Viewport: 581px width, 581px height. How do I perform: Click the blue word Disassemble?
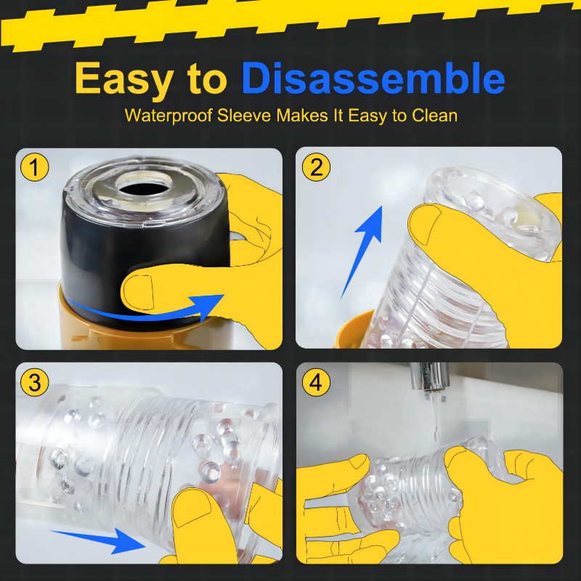(373, 78)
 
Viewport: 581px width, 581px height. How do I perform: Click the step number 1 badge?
(34, 167)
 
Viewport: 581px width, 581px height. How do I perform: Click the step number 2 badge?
(316, 167)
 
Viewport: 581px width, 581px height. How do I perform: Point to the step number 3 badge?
(34, 382)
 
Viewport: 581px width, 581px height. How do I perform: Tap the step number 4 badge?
(316, 382)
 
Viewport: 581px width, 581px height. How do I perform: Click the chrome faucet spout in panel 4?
(430, 376)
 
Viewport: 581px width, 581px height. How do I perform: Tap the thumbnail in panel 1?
(138, 293)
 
